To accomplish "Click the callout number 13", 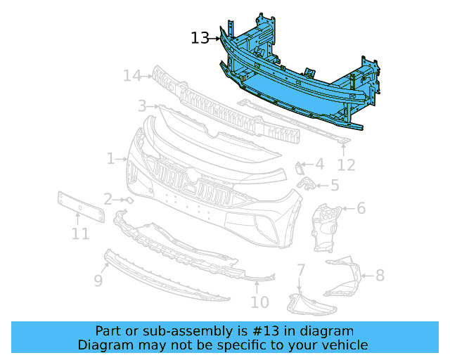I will (200, 38).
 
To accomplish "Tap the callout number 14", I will (131, 75).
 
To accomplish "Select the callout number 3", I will (142, 106).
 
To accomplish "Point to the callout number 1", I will (111, 159).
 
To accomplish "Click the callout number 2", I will (108, 199).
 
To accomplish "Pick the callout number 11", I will (80, 233).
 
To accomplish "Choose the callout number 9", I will (98, 281).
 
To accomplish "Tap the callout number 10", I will (259, 302).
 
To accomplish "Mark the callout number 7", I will (300, 269).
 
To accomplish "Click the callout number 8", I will (380, 275).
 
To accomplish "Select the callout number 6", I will (361, 208).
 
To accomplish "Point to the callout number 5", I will (334, 186).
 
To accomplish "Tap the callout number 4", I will (319, 164).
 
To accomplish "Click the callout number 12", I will (346, 165).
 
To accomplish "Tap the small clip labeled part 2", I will (129, 200).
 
